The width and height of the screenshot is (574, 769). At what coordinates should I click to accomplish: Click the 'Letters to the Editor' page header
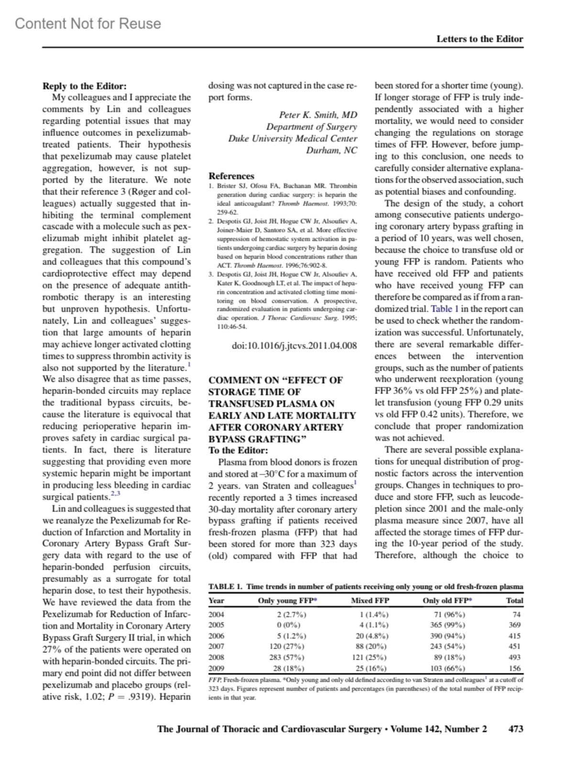pyautogui.click(x=479, y=39)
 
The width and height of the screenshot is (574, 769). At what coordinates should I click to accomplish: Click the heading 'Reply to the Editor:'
pyautogui.click(x=85, y=86)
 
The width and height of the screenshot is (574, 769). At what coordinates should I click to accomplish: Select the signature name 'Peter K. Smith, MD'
pyautogui.click(x=318, y=115)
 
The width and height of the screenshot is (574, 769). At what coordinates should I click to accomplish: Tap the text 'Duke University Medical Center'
pyautogui.click(x=292, y=138)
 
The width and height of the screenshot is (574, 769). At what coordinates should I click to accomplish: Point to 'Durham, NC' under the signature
pyautogui.click(x=331, y=150)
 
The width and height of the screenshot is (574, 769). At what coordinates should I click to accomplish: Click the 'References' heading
pyautogui.click(x=232, y=176)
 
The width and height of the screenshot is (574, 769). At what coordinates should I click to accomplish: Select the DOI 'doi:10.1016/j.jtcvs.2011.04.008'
pyautogui.click(x=294, y=345)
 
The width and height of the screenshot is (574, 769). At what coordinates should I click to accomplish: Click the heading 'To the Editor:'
pyautogui.click(x=238, y=450)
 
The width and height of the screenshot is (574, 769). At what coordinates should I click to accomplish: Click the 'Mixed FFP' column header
pyautogui.click(x=370, y=600)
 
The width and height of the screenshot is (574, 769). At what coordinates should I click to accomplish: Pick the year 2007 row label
pyautogui.click(x=216, y=646)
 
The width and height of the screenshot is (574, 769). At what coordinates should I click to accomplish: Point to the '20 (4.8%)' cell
pyautogui.click(x=370, y=635)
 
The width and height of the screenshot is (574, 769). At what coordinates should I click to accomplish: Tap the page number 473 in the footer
pyautogui.click(x=516, y=729)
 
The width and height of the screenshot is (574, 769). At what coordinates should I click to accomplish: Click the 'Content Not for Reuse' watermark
pyautogui.click(x=88, y=23)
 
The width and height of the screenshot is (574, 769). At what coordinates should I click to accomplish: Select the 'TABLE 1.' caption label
pyautogui.click(x=225, y=587)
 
